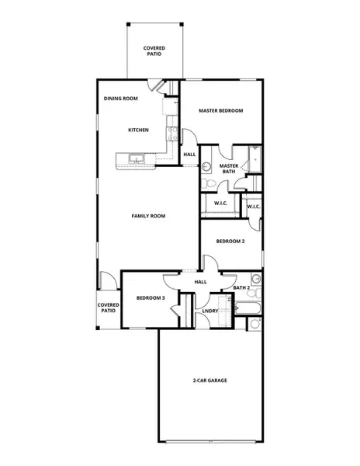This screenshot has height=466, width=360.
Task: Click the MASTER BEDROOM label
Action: tap(220, 111)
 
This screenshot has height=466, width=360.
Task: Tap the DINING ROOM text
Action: tap(120, 99)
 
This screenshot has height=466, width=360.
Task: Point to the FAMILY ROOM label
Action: tap(148, 215)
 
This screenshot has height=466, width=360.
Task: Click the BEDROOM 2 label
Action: tap(230, 242)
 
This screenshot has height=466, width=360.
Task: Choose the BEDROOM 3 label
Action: tap(151, 297)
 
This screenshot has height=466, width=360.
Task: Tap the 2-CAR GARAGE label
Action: tap(209, 381)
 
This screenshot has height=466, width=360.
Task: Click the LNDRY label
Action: tap(209, 311)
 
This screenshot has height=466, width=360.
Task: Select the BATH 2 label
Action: tap(241, 288)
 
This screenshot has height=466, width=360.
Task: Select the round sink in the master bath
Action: tap(207, 165)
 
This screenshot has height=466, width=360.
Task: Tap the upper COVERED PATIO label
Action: tap(154, 52)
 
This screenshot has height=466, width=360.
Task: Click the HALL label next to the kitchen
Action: tap(189, 155)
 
